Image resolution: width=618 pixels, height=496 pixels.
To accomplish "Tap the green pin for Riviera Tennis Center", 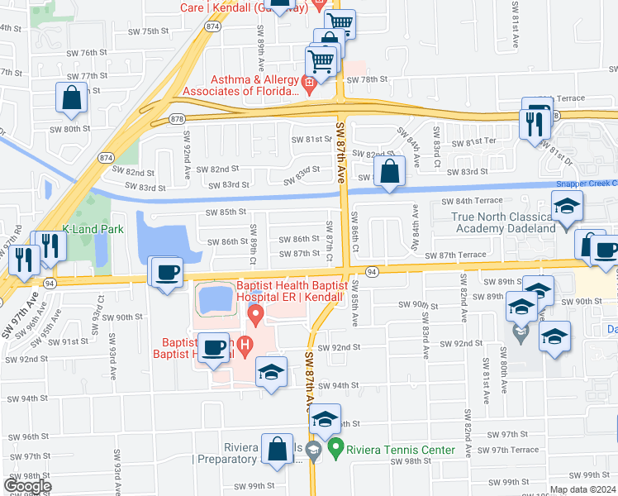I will (335, 450).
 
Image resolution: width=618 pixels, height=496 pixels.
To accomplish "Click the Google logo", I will (27, 485).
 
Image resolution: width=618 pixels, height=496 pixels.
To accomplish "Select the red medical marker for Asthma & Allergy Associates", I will (309, 82).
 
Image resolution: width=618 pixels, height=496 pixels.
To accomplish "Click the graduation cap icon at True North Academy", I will (567, 207).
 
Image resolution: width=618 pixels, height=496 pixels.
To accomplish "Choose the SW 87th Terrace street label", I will (455, 255).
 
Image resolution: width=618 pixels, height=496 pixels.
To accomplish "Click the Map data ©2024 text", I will (582, 489).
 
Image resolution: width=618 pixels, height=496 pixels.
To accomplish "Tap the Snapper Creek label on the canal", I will (586, 184).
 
